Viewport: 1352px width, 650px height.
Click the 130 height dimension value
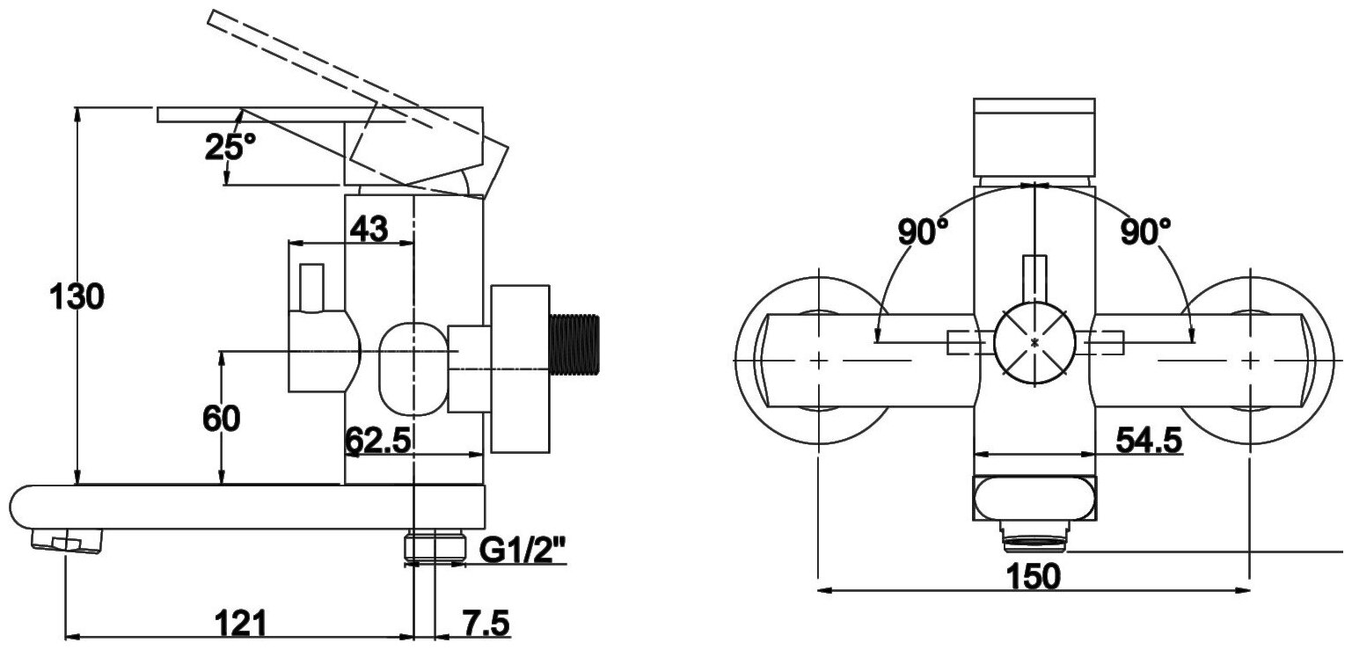(77, 298)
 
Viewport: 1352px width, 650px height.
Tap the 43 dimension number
(369, 230)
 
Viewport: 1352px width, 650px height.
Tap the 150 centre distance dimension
(1034, 576)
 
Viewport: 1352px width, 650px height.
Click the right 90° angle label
(1145, 232)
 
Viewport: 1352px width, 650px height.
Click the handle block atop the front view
(1034, 136)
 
